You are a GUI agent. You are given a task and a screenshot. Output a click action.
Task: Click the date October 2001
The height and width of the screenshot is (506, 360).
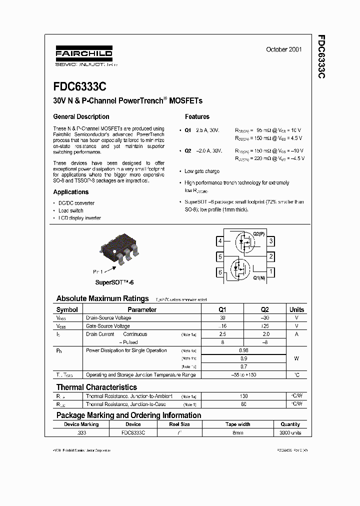283,49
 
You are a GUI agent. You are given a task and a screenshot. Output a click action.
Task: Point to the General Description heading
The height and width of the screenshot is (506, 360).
81,116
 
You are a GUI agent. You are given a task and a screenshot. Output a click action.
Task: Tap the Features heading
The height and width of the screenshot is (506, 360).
197,116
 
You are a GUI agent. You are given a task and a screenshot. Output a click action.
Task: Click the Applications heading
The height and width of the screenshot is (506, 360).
71,192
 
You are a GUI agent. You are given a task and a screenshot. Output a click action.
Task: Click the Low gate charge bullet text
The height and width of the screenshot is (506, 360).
202,171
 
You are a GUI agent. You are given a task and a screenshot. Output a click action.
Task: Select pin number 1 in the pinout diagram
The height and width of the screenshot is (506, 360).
271,272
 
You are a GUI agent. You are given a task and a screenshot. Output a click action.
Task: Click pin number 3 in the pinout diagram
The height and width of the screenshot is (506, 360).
271,241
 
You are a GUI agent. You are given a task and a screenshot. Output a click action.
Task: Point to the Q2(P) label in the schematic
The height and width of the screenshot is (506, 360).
258,234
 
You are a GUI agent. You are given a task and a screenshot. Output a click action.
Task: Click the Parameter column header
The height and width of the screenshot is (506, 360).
142,309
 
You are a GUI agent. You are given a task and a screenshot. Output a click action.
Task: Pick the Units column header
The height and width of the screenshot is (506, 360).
296,309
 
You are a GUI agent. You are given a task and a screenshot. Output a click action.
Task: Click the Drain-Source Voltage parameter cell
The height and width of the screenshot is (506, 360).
108,318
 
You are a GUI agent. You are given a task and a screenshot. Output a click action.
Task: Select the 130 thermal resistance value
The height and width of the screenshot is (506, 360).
243,396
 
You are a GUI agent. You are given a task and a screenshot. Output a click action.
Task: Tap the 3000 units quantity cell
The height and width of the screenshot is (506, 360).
290,432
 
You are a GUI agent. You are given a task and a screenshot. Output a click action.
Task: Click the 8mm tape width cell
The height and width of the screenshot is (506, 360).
237,432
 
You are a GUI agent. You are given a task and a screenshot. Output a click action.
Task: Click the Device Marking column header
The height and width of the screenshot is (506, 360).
81,424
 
